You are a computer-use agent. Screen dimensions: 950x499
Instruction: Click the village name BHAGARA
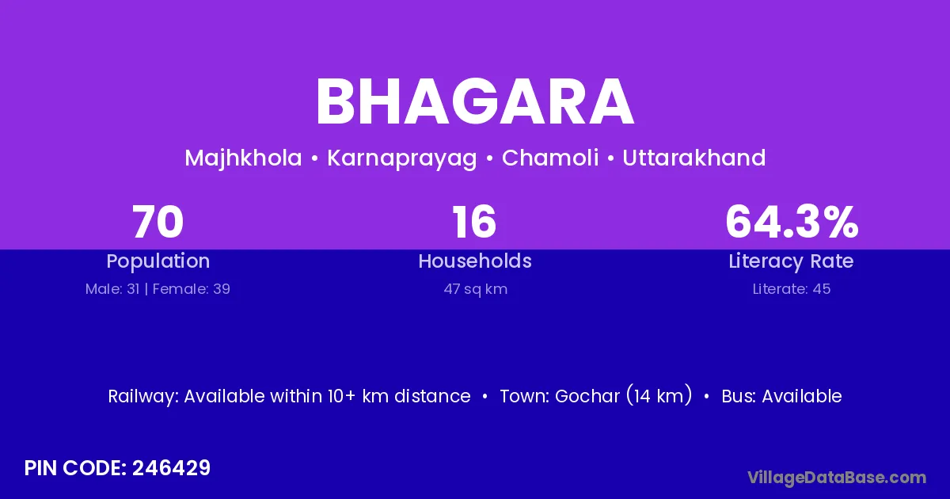[x=475, y=102]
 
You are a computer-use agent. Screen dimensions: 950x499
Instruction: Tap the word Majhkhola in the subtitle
[x=243, y=158]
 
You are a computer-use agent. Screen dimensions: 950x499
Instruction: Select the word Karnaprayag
[x=402, y=158]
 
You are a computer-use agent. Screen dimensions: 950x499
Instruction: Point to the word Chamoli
[x=550, y=158]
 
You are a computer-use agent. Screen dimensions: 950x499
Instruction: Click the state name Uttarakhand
[x=693, y=158]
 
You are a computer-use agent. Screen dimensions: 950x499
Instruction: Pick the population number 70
[x=158, y=222]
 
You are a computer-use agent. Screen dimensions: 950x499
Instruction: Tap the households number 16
[x=474, y=222]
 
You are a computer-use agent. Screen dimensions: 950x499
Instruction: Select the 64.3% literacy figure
[x=792, y=222]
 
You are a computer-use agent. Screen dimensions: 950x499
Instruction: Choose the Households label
[x=475, y=261]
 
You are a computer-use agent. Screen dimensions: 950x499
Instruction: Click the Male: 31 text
[x=112, y=289]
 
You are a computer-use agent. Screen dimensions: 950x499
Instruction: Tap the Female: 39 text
[x=192, y=289]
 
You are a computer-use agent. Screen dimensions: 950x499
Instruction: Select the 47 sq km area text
[x=476, y=289]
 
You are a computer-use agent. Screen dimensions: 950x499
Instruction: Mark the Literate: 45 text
[x=792, y=289]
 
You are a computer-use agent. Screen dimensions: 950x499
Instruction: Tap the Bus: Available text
[x=781, y=396]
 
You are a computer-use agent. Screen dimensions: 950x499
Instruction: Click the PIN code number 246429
[x=171, y=468]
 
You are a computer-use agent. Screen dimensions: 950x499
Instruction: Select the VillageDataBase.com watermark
[x=837, y=478]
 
